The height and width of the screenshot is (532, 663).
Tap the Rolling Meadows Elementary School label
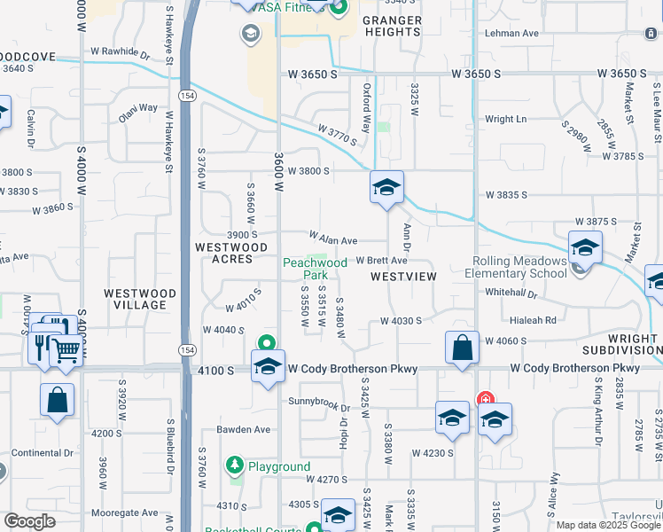tap(519, 267)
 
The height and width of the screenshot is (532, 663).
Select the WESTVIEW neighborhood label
tap(403, 277)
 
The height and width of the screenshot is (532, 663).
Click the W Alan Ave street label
tap(332, 239)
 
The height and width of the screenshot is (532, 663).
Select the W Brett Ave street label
tap(381, 261)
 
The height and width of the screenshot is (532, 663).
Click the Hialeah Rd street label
tap(533, 320)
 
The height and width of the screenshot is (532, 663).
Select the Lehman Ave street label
tap(511, 34)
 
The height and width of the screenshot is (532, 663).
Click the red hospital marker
tap(485, 401)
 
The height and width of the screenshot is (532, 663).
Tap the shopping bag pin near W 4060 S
tap(463, 347)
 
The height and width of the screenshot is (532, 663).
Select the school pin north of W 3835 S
tap(386, 187)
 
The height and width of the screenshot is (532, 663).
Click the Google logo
tap(30, 521)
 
